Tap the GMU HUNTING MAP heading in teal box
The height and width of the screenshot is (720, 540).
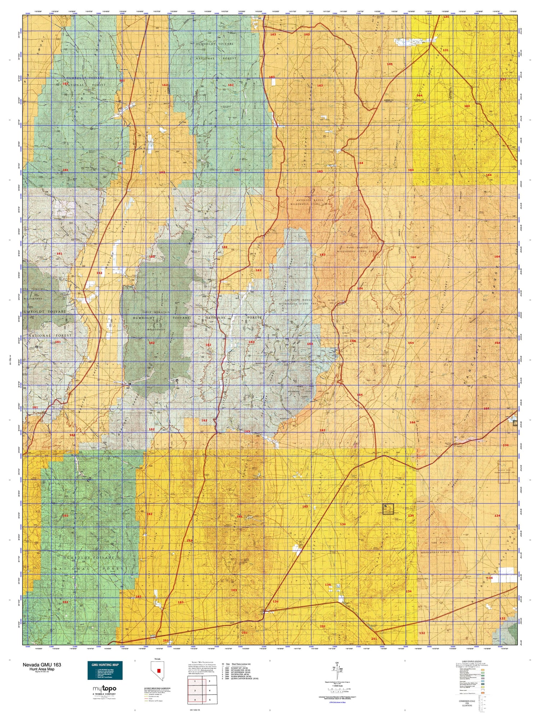click(x=105, y=665)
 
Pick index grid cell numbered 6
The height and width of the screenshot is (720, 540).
click(x=210, y=700)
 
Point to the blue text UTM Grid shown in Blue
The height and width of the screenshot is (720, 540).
click(x=335, y=702)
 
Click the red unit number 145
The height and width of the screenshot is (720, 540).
click(x=390, y=64)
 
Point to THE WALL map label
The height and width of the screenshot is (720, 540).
click(x=434, y=543)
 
